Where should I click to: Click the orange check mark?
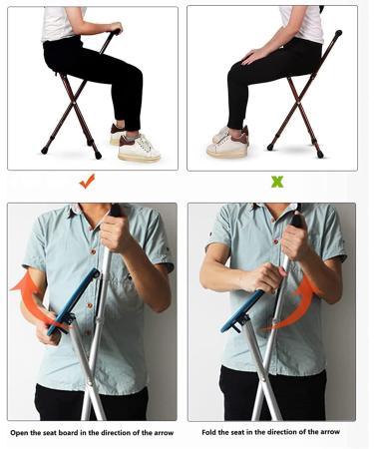(x=87, y=182)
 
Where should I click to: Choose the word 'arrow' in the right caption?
(x=327, y=432)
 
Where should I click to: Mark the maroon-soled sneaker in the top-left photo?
(x=139, y=149)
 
